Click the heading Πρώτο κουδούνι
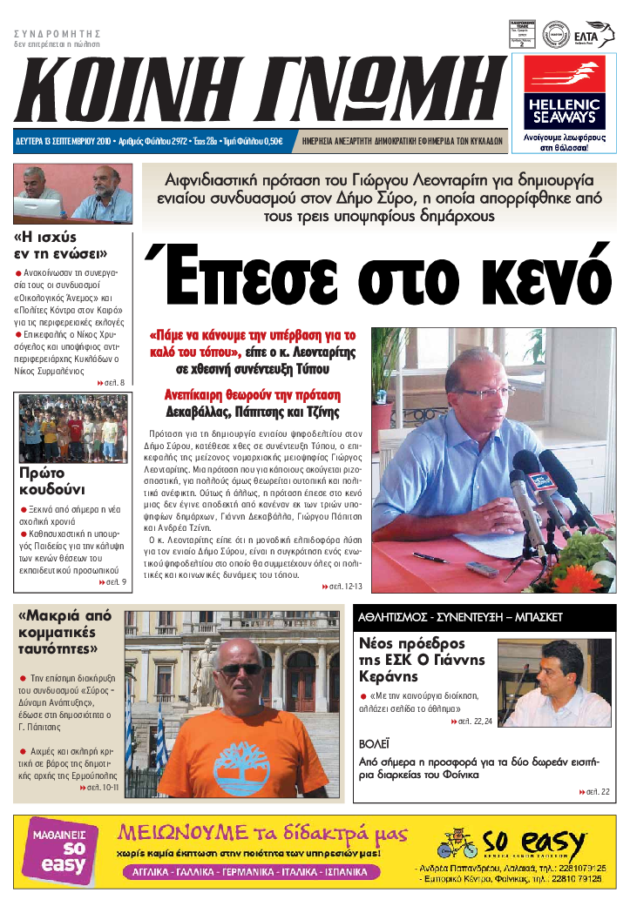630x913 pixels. click(53, 481)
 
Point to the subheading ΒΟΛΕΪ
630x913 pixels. click(375, 744)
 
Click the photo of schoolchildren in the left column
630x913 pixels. click(73, 429)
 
